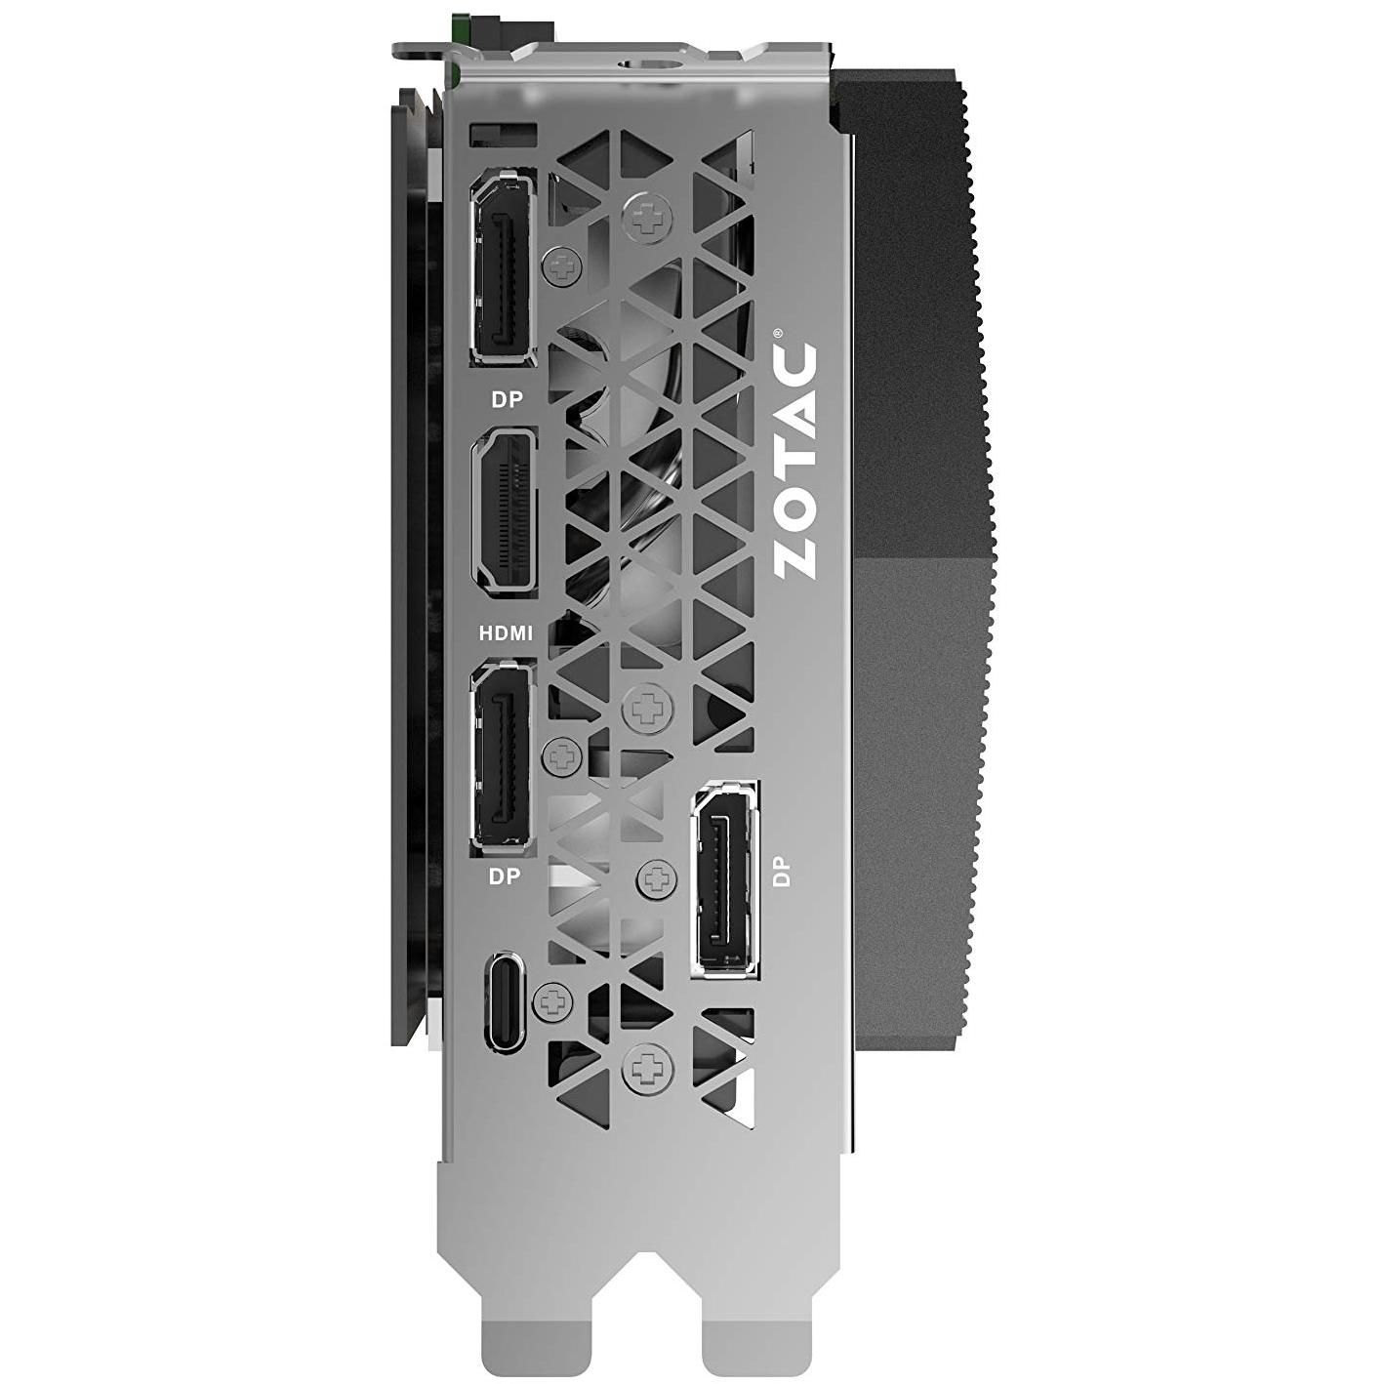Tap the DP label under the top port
[508, 401]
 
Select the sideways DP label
[782, 874]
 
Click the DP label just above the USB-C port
[505, 876]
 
